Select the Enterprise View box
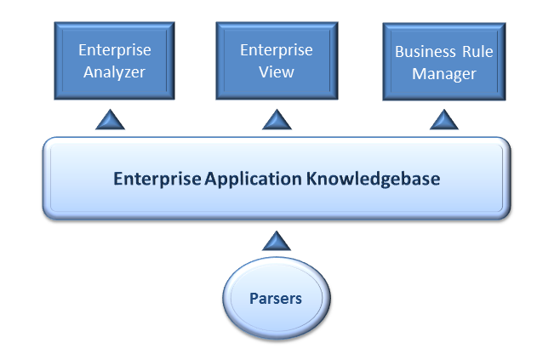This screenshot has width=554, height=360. point(276,61)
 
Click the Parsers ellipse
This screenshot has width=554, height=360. point(275,299)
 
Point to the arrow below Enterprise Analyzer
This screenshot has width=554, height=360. point(110,120)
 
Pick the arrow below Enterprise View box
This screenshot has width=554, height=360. point(277,120)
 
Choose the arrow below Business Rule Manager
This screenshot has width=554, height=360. point(444,120)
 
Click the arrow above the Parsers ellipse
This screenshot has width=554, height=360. point(276,241)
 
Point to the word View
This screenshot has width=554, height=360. point(276,72)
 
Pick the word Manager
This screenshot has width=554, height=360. point(443,74)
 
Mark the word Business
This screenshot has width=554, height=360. point(424,52)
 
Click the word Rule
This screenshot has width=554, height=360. point(477,52)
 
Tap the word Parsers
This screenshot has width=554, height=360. point(275,299)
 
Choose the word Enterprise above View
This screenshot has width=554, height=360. point(276,50)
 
